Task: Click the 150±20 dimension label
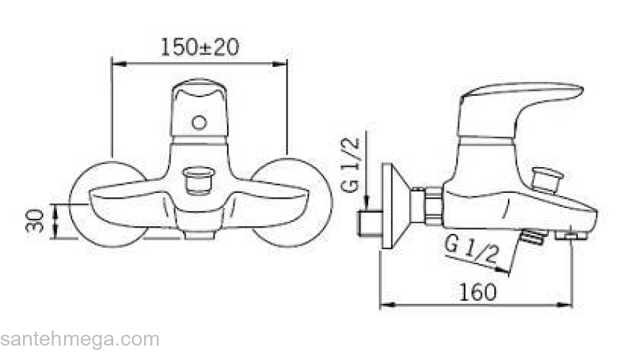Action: (200, 48)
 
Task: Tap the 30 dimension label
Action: (35, 220)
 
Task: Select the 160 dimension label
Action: (478, 292)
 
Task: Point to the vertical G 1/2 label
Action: (350, 164)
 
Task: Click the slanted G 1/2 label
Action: (471, 249)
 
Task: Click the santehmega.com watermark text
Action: (80, 340)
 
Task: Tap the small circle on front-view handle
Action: (200, 122)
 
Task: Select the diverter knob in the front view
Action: (199, 179)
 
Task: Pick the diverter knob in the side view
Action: (547, 178)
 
